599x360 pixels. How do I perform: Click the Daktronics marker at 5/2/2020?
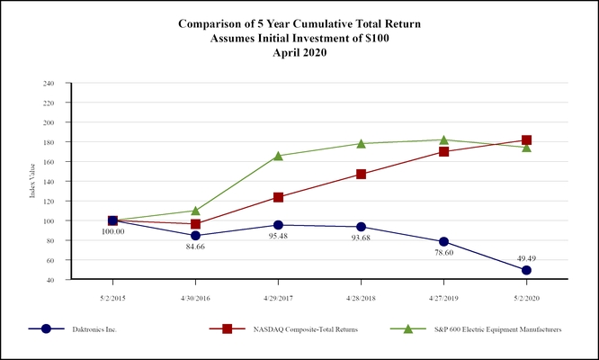click(526, 270)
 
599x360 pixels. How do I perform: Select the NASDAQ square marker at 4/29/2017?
click(278, 197)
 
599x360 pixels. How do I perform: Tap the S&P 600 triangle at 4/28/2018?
click(361, 143)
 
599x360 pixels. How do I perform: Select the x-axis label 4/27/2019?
click(443, 295)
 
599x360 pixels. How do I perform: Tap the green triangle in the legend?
click(408, 329)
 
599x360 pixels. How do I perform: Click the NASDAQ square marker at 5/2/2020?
click(526, 140)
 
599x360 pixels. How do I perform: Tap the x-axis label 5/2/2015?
click(112, 295)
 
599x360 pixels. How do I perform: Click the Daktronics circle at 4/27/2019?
click(443, 241)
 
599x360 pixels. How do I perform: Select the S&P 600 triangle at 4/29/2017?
click(278, 156)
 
